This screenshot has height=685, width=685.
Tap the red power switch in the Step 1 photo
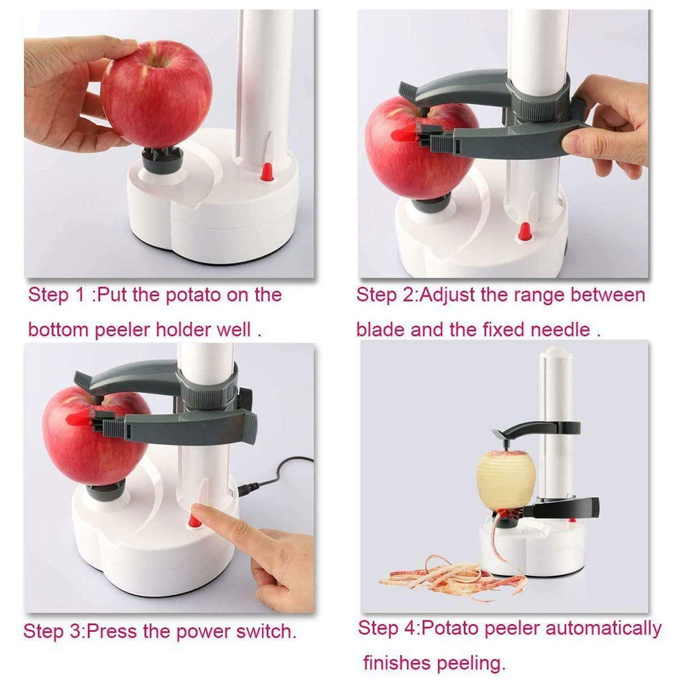(x=267, y=172)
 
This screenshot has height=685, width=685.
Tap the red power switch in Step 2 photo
(x=524, y=232)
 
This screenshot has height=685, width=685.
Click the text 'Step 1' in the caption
(x=57, y=295)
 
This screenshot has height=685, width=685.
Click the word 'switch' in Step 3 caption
(x=262, y=632)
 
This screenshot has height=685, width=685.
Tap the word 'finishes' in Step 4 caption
(x=397, y=664)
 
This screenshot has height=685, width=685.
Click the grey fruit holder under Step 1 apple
(x=162, y=159)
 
